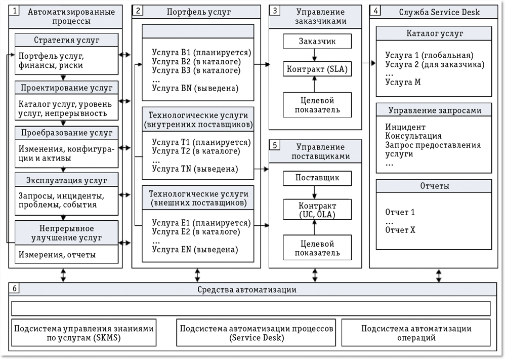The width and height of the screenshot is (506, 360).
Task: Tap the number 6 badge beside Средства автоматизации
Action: coord(15,289)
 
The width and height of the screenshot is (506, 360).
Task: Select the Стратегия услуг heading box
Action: coord(66,40)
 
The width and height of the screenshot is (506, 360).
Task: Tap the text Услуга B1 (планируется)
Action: coord(201,53)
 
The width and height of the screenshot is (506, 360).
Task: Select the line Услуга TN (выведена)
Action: coord(195,169)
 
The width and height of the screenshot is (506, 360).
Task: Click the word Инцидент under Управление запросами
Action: coord(405,127)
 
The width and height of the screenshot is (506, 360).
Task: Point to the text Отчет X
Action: coord(400,229)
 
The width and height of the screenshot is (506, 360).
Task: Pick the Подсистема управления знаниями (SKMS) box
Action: coord(83,333)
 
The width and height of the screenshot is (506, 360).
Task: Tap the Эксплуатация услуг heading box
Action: coord(66,180)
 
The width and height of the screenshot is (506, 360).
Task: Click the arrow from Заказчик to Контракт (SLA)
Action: coord(315,54)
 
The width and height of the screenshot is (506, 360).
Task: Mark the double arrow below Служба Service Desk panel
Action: coord(438,275)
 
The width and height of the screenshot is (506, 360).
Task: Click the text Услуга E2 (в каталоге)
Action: coord(195,232)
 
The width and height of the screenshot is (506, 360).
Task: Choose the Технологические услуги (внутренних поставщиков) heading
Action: coord(198,119)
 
